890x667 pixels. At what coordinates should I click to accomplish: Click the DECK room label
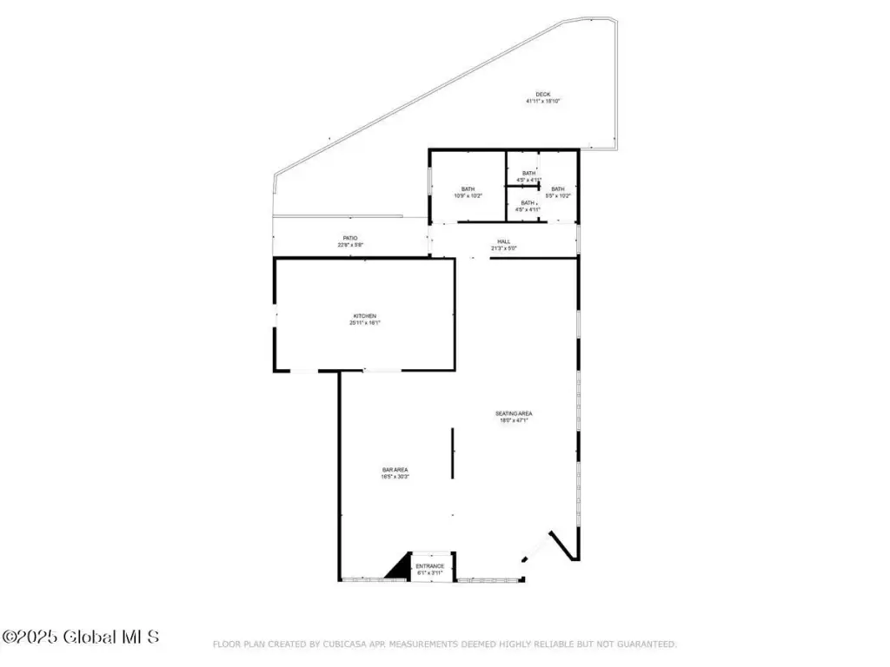[x=543, y=94]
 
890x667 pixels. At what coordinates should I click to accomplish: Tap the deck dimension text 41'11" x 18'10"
[x=543, y=102]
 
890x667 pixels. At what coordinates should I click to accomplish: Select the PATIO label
[x=349, y=238]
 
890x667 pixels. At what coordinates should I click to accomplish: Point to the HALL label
[x=504, y=241]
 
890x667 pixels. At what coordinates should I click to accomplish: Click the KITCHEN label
[x=365, y=316]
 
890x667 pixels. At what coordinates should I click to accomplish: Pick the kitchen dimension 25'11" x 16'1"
[x=365, y=323]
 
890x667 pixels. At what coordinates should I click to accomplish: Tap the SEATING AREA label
[x=514, y=413]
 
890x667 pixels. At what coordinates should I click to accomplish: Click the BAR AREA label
[x=395, y=470]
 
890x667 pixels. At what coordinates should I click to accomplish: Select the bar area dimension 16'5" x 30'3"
[x=395, y=477]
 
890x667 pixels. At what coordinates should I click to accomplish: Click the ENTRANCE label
[x=430, y=566]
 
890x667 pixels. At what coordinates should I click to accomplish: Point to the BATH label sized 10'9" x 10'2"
[x=468, y=189]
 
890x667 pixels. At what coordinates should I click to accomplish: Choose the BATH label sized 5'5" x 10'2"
[x=557, y=189]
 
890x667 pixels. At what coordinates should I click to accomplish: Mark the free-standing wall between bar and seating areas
[x=452, y=452]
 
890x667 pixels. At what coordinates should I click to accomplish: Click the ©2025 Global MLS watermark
[x=81, y=637]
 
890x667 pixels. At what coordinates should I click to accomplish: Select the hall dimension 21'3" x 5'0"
[x=504, y=248]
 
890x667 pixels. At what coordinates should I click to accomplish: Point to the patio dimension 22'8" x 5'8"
[x=349, y=245]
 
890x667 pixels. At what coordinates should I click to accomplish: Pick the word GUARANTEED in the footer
[x=645, y=644]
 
